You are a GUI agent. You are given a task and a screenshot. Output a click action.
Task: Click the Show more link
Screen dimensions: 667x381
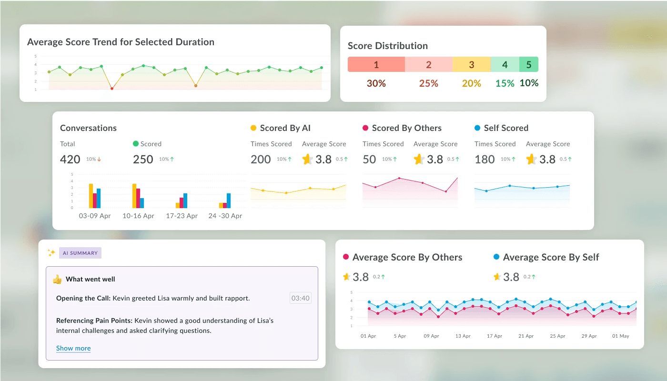click(x=73, y=348)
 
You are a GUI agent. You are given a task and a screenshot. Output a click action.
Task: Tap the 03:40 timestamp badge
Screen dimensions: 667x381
click(x=301, y=298)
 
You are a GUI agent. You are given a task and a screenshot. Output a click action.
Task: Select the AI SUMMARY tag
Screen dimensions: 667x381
click(x=80, y=253)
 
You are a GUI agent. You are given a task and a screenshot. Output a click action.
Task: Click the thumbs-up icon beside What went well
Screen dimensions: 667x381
click(x=57, y=279)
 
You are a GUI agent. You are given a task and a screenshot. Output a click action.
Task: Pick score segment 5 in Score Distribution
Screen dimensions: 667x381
click(x=528, y=64)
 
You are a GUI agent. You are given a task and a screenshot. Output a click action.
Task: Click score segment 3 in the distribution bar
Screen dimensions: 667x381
click(x=471, y=64)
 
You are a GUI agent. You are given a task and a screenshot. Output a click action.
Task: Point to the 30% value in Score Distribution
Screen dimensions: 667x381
click(x=376, y=83)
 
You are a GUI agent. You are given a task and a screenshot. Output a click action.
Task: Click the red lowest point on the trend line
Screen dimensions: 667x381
click(x=112, y=89)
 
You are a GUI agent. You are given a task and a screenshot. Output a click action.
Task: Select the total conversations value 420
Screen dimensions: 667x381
click(x=70, y=159)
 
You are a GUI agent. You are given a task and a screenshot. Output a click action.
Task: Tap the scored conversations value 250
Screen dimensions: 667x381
click(x=143, y=159)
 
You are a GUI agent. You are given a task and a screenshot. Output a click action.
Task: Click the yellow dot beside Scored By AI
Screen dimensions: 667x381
click(x=253, y=128)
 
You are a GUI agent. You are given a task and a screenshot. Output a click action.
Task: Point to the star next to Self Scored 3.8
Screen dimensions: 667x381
click(x=531, y=159)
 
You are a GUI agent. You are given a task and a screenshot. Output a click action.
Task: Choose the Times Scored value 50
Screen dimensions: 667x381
click(x=369, y=159)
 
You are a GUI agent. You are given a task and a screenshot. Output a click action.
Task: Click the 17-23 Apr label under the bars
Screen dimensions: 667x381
click(x=182, y=216)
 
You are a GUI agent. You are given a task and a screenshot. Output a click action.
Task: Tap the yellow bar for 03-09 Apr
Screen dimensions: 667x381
click(x=91, y=196)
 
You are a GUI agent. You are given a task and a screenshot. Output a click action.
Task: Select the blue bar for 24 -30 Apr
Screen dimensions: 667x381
click(x=229, y=201)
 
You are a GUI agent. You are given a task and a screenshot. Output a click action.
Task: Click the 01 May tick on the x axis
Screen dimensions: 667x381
click(x=620, y=336)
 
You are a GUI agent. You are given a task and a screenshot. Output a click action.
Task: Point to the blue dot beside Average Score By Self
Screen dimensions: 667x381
click(x=496, y=257)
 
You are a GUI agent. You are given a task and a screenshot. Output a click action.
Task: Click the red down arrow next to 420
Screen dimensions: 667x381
click(x=99, y=159)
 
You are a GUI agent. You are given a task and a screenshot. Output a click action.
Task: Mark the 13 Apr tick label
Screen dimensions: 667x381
click(x=463, y=336)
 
